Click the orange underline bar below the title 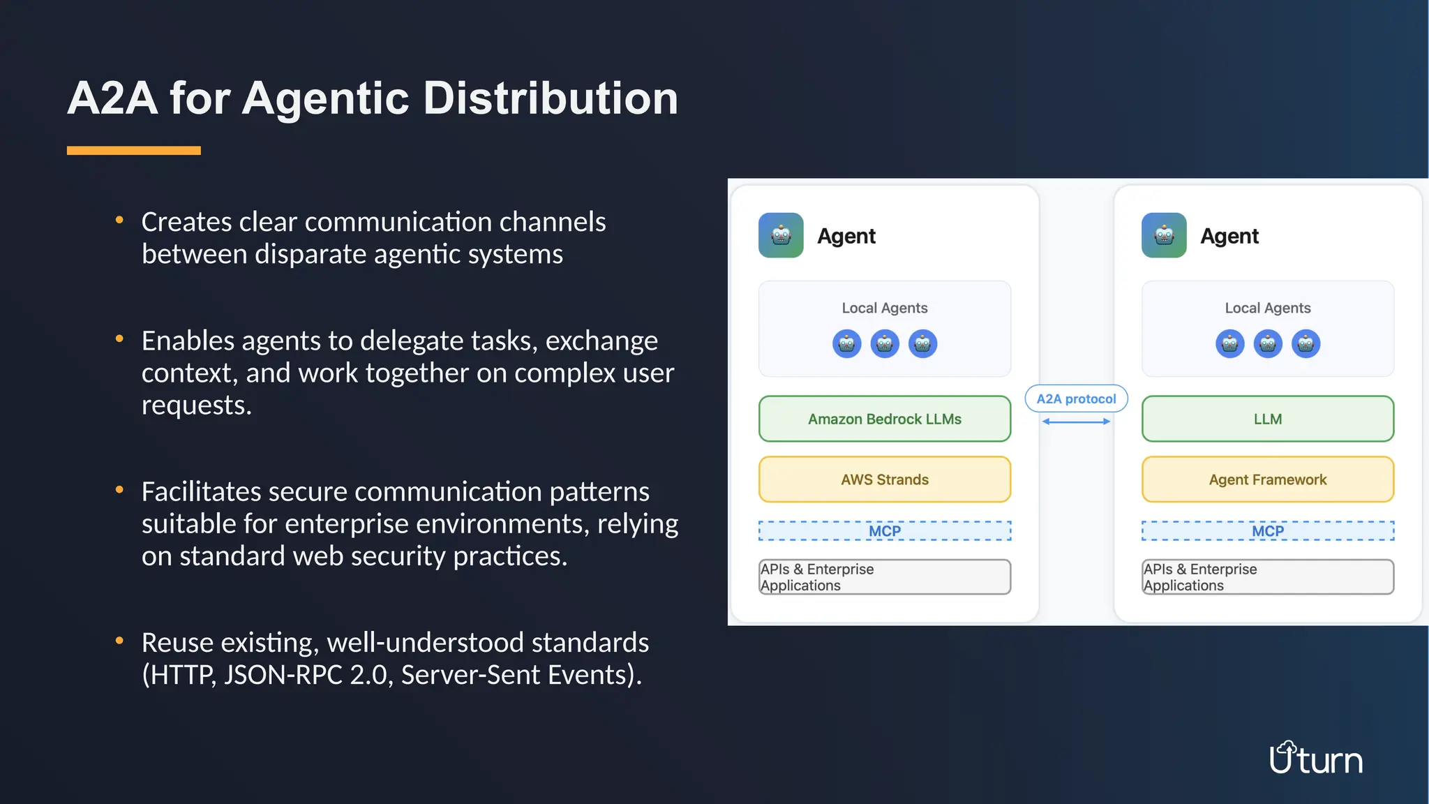133,150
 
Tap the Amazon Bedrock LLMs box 884,419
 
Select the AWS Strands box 884,479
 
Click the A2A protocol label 1076,399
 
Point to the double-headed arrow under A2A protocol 1076,422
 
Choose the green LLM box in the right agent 1267,419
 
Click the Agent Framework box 1267,479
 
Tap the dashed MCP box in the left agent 884,531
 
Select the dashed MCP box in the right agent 1267,531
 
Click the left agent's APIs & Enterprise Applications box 884,577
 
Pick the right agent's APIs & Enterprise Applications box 1267,577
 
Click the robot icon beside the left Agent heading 781,236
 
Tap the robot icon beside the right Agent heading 1164,236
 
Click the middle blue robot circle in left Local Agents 885,343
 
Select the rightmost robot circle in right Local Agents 1305,343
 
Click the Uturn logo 1315,759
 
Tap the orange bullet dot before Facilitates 119,490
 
